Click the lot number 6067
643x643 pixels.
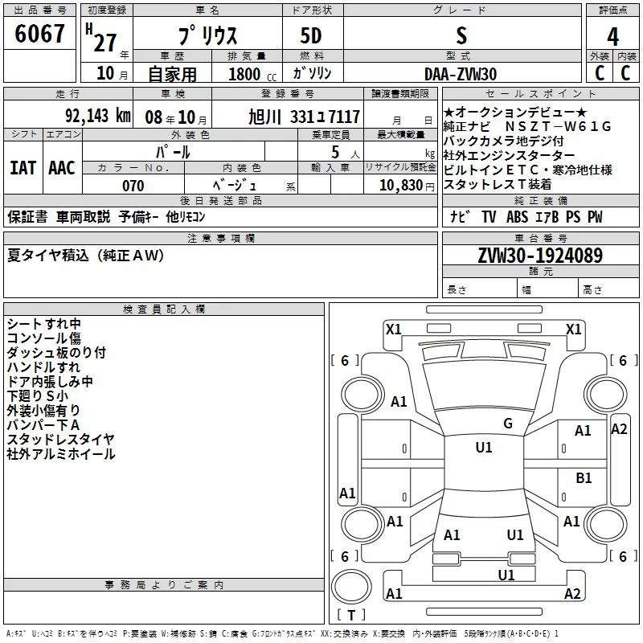point(39,35)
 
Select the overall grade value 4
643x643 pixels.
point(612,37)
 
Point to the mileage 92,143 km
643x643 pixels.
point(97,115)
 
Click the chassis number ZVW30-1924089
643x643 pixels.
point(540,256)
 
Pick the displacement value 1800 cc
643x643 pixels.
point(246,74)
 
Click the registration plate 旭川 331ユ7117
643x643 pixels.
point(304,116)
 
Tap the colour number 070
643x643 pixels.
point(133,186)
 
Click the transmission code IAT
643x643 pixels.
point(23,168)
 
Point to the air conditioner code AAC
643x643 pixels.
point(61,168)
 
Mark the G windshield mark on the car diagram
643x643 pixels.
point(507,424)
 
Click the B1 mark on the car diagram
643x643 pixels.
point(584,477)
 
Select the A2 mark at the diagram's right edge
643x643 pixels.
point(619,428)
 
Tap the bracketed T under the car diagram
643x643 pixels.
point(351,616)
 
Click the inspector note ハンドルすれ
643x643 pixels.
point(43,367)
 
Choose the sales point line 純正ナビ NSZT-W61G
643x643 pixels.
point(527,127)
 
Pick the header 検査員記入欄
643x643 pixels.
point(164,309)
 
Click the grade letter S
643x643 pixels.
point(461,36)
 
